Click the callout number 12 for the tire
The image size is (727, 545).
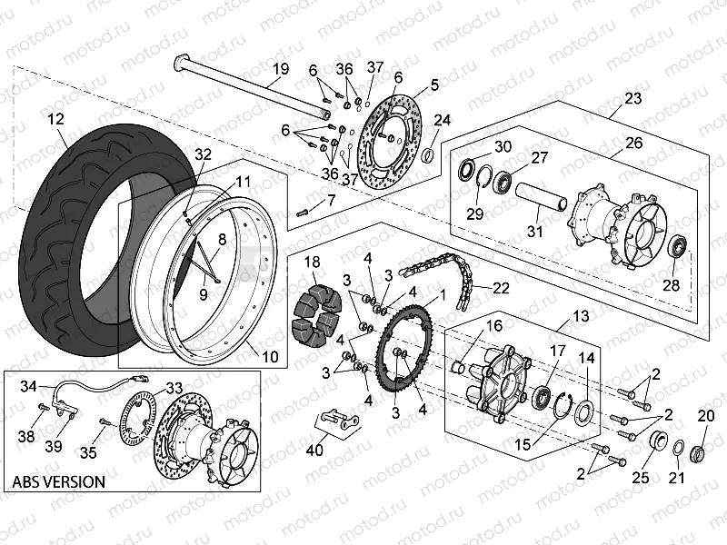(56, 119)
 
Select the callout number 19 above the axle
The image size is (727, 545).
(280, 69)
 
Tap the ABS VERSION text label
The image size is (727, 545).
(58, 481)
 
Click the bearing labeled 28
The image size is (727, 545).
(677, 247)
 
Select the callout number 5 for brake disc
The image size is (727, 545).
(434, 84)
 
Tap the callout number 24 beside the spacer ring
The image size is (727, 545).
(442, 121)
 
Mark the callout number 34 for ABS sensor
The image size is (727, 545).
(30, 387)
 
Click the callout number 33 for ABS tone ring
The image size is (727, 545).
(174, 387)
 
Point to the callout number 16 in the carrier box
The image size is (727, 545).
(494, 325)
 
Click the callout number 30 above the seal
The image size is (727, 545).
(503, 148)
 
